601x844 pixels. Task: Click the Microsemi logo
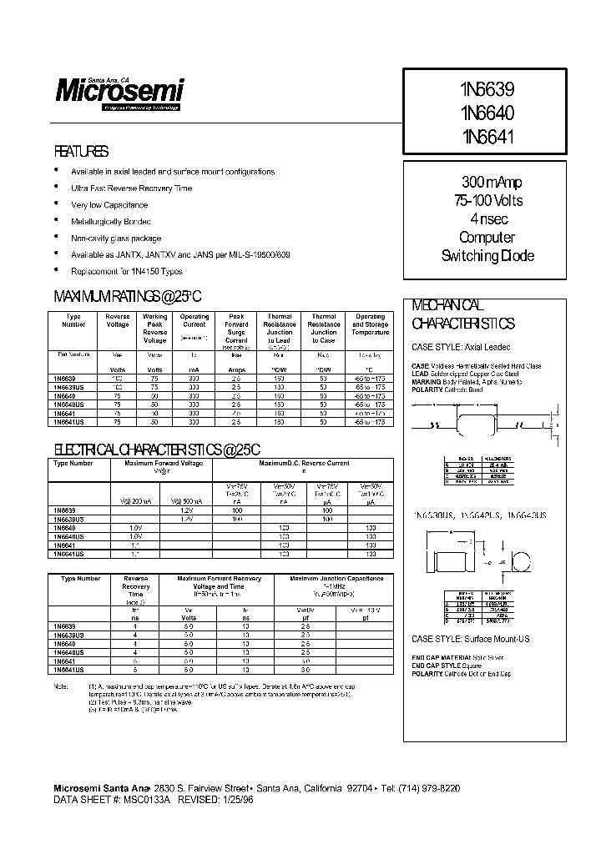point(119,90)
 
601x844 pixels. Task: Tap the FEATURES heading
point(81,152)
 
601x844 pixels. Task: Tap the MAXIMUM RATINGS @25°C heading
point(128,297)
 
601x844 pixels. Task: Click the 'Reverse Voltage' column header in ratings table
point(118,320)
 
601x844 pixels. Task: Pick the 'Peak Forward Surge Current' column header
point(237,329)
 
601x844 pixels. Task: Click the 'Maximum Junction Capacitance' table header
point(336,578)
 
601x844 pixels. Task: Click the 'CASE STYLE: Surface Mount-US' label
point(471,639)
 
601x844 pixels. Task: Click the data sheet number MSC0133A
point(147,798)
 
